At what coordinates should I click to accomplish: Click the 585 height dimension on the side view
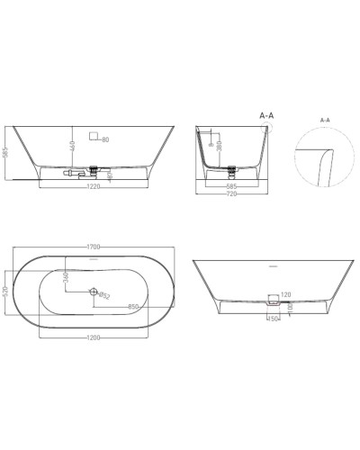(x=5, y=154)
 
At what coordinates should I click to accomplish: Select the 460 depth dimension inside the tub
(x=71, y=145)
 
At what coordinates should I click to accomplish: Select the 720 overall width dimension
(x=232, y=193)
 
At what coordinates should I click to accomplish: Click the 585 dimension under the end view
(x=232, y=184)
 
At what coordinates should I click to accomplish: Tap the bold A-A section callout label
(x=266, y=116)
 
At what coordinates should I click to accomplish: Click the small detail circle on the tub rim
(x=265, y=128)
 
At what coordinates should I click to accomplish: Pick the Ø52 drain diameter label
(x=104, y=295)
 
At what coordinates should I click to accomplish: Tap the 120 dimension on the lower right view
(x=285, y=294)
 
